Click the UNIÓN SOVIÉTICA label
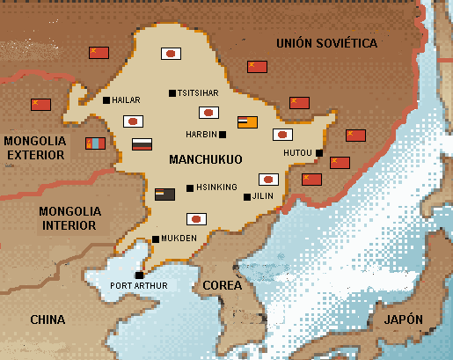(x=326, y=43)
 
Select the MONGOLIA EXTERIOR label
(x=34, y=147)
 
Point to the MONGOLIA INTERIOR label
(x=69, y=218)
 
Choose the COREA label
(x=222, y=285)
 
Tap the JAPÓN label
(x=402, y=319)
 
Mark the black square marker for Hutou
(x=320, y=153)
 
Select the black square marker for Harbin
(x=223, y=135)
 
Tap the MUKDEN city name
(x=179, y=239)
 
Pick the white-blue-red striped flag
(x=141, y=144)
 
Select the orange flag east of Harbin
(x=247, y=122)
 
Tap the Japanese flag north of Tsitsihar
(x=171, y=54)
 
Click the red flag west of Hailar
(x=40, y=105)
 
